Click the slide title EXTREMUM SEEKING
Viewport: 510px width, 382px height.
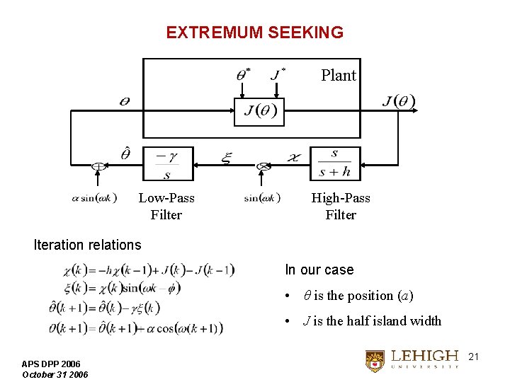[x=254, y=33]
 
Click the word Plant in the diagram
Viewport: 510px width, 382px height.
[x=338, y=75]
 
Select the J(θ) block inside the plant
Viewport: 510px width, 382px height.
[x=259, y=112]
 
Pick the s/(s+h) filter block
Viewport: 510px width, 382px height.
[x=334, y=164]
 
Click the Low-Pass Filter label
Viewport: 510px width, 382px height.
[x=166, y=207]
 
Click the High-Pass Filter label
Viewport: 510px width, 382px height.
[x=341, y=207]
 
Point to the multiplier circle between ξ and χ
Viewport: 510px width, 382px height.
[x=263, y=166]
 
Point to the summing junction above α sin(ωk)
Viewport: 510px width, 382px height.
[x=97, y=167]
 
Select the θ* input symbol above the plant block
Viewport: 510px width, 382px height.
[x=242, y=74]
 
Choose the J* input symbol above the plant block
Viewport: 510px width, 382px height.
[x=278, y=74]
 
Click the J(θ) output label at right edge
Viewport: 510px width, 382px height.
[x=399, y=101]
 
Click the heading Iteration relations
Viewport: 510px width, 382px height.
[x=88, y=245]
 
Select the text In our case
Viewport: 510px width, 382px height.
[x=319, y=270]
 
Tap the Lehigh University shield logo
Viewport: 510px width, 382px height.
[x=375, y=361]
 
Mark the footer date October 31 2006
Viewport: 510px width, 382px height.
[x=55, y=374]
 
